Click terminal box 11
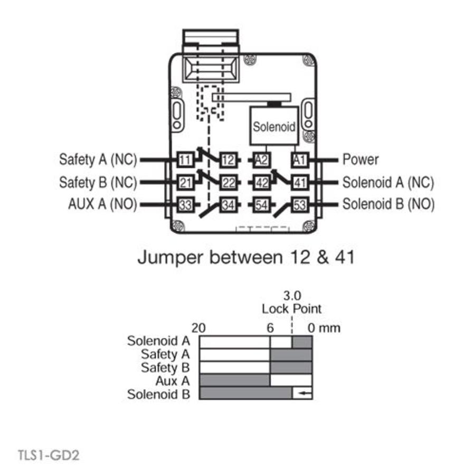point(185,159)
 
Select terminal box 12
point(227,159)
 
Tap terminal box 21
point(185,182)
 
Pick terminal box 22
point(227,182)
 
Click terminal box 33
point(185,205)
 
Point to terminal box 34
point(227,205)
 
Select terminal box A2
point(262,159)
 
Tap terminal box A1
point(299,159)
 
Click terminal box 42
point(262,182)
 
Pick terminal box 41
point(299,182)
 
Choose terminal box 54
point(262,205)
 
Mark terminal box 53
point(299,205)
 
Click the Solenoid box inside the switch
point(274,127)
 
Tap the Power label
point(360,159)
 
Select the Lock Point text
point(291,309)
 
